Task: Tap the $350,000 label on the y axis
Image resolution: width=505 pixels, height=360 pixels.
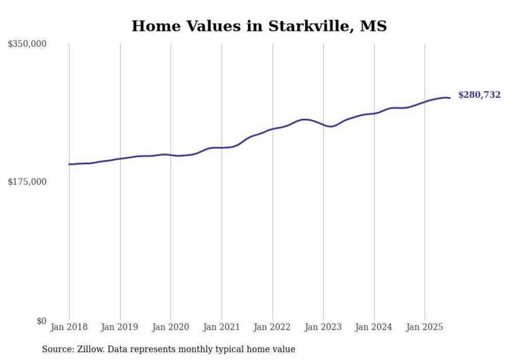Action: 27,44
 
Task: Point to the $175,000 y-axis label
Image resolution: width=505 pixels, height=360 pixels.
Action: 27,182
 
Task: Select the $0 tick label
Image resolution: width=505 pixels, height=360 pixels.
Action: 41,321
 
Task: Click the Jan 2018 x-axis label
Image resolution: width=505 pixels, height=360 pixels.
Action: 69,327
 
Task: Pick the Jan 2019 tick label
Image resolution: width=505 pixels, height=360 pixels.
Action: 120,327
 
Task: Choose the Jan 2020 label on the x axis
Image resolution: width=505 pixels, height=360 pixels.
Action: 171,327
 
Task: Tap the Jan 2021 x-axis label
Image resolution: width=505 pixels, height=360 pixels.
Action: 222,327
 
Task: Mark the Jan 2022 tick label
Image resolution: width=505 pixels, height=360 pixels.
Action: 273,327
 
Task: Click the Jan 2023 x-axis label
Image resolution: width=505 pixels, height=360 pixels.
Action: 323,327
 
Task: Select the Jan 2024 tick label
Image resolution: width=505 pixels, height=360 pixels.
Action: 374,327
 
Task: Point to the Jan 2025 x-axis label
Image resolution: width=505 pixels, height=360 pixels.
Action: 425,327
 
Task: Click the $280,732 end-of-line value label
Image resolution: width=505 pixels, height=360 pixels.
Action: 479,95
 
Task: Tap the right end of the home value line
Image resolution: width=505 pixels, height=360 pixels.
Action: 450,98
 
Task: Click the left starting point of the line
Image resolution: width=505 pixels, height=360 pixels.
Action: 69,164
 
